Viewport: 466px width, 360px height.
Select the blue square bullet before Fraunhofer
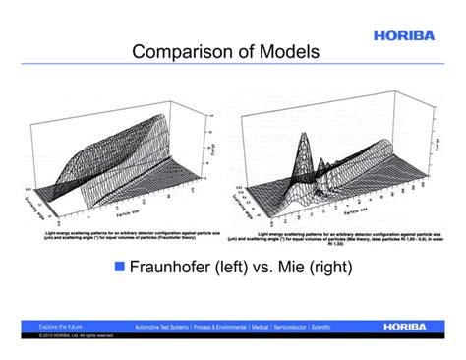121,267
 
